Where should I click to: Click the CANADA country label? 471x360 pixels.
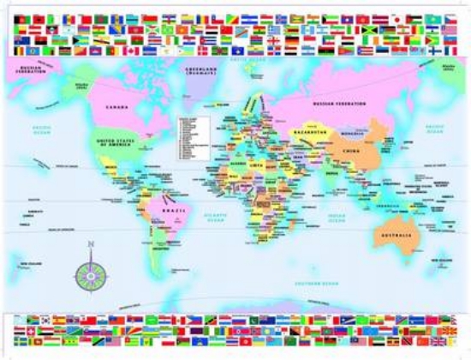[x=116, y=107]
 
